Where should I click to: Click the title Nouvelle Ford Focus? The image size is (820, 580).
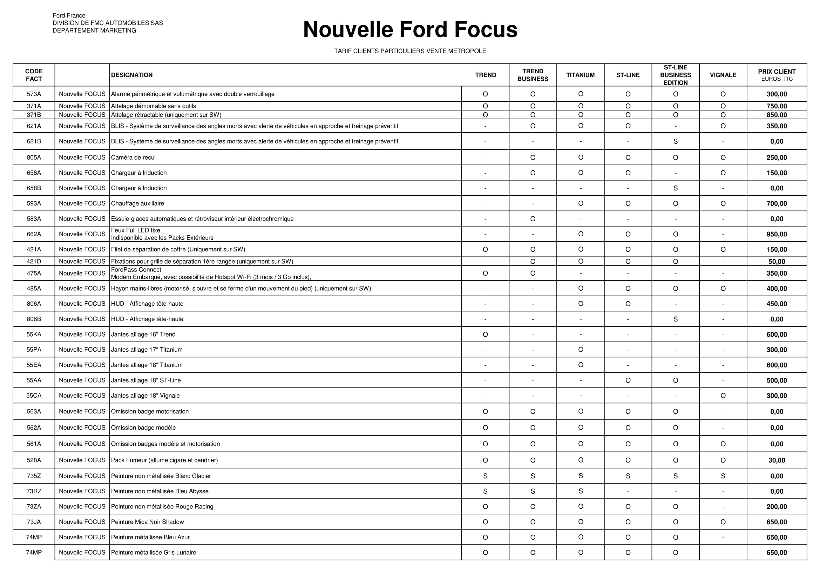point(410,29)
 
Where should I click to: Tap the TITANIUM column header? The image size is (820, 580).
point(580,75)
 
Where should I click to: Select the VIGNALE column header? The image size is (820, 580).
point(723,75)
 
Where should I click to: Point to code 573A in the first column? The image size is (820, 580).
point(34,94)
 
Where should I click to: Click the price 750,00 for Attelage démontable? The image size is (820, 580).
point(777,106)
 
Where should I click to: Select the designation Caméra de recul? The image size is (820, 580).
point(133,157)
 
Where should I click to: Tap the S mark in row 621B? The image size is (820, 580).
point(675,141)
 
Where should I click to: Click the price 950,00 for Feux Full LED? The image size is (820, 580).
point(777,234)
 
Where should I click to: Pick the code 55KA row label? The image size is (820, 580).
point(34,334)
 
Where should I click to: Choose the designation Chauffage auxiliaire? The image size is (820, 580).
point(137,204)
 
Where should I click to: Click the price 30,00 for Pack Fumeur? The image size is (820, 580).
point(777,460)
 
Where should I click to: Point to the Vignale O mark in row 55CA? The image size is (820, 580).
point(723,396)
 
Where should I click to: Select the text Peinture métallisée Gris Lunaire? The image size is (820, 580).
point(154,553)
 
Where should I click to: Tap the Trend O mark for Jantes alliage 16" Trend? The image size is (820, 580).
point(485,334)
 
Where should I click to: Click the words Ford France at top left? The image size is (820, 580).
point(69,16)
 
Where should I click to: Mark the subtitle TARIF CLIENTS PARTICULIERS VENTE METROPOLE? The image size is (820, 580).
point(410,51)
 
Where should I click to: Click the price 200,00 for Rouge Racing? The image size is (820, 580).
point(777,507)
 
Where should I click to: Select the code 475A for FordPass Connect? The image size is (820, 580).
point(34,273)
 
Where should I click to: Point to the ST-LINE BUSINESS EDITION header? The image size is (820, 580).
point(675,75)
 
